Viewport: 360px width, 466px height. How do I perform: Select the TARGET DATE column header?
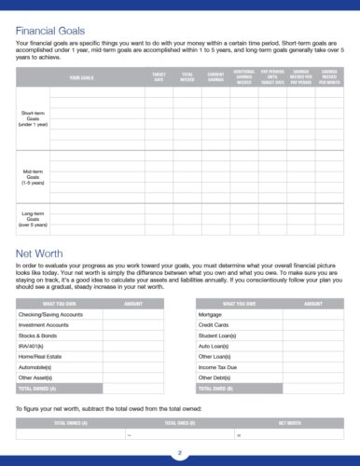coord(158,78)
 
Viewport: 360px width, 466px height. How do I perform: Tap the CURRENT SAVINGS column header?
coord(215,78)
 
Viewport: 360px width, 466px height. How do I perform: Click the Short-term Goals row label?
coord(33,117)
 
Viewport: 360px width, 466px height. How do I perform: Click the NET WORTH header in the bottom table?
coord(289,423)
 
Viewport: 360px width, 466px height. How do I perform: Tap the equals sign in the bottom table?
coord(238,435)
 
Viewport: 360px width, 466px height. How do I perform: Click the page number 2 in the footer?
coord(180,453)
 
